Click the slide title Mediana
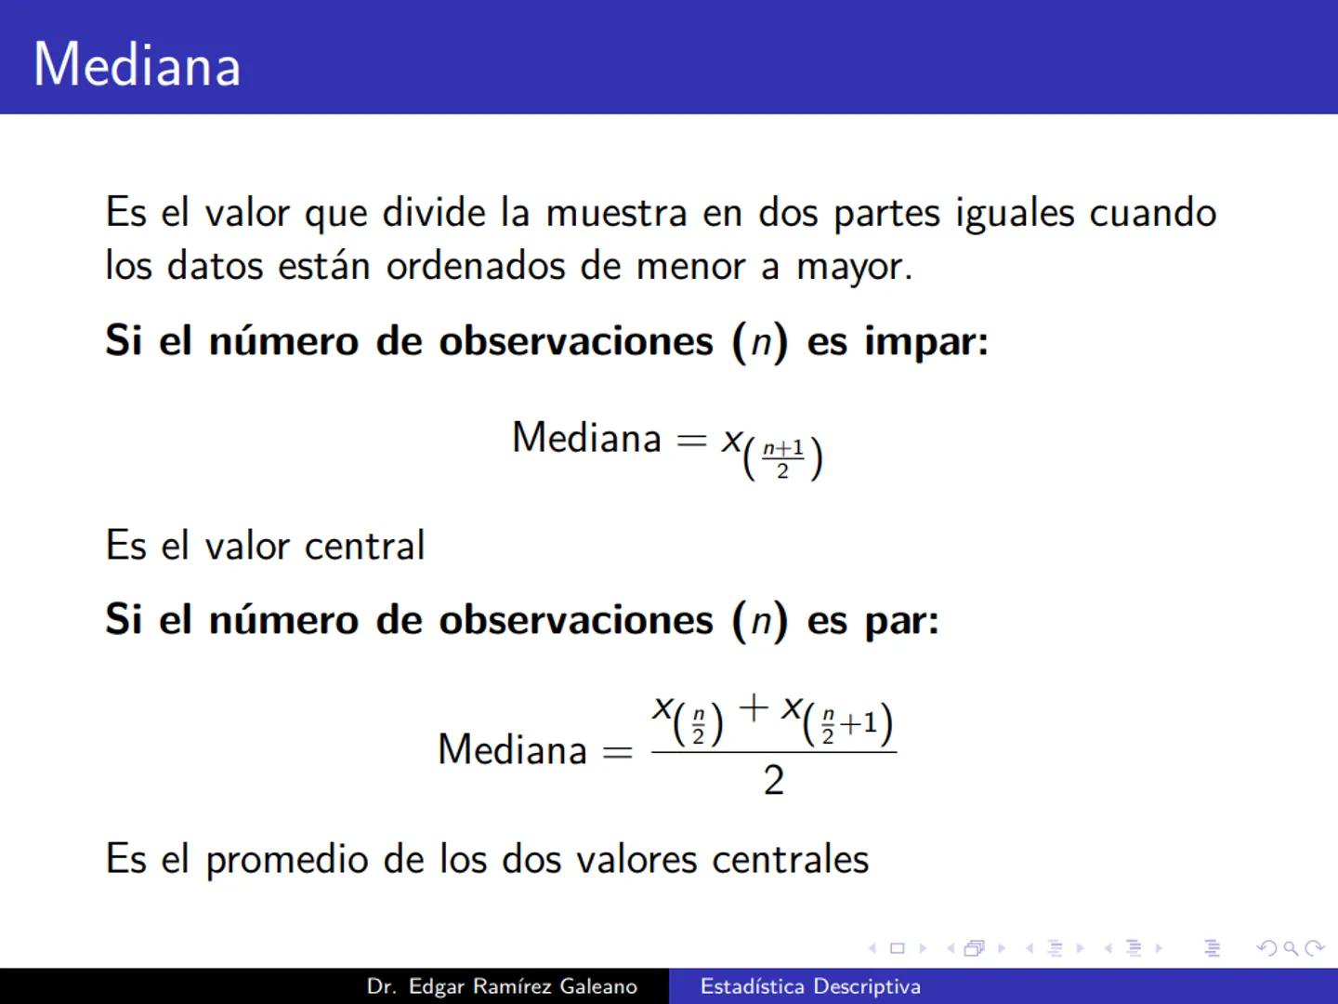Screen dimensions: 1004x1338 (138, 65)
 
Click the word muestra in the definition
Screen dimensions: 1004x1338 (615, 213)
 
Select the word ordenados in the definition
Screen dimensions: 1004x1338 (475, 267)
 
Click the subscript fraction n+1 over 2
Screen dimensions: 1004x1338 (782, 458)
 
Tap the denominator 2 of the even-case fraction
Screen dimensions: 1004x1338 (773, 780)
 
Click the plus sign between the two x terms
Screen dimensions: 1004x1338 (754, 708)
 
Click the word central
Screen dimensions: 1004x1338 (364, 546)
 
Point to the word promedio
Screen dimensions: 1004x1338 (286, 860)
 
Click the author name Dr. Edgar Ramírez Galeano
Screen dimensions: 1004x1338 (502, 986)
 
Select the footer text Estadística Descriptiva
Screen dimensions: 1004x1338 (810, 986)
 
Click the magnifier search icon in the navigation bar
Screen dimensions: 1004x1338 (1290, 948)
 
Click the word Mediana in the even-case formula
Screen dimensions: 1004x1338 (512, 749)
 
